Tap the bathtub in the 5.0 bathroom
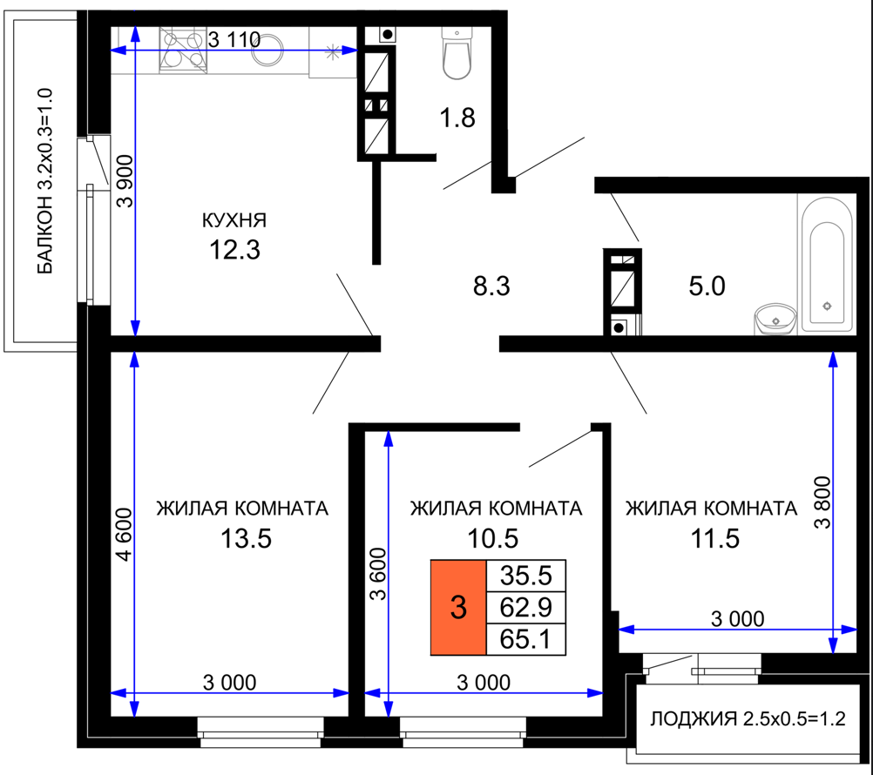(826, 264)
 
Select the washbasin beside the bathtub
(775, 320)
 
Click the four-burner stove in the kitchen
(183, 51)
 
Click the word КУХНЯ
(233, 220)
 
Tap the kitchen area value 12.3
(234, 250)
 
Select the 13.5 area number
(246, 538)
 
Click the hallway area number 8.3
(491, 286)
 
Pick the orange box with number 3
(458, 607)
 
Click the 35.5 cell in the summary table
(526, 576)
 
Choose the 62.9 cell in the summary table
(526, 607)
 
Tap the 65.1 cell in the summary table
(526, 638)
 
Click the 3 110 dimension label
(234, 39)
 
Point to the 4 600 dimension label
(125, 534)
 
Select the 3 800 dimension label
(822, 502)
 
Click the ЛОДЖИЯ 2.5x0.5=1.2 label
(748, 718)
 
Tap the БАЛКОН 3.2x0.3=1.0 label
(44, 181)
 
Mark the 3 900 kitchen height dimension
(125, 181)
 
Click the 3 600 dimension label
(377, 574)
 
